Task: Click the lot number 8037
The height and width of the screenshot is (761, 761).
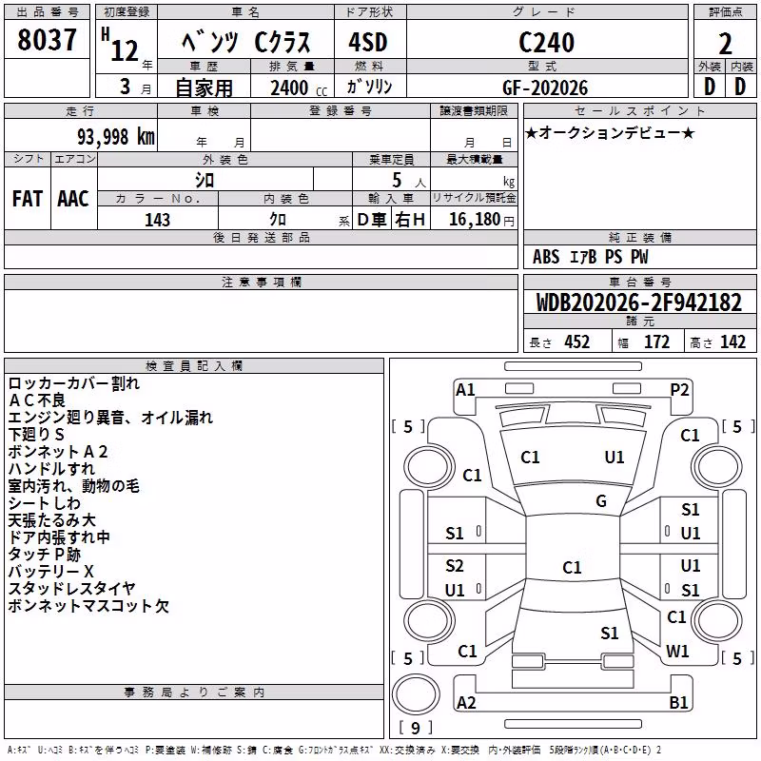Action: point(47,39)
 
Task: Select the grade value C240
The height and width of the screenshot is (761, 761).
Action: point(546,42)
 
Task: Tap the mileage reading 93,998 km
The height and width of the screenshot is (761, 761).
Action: point(116,137)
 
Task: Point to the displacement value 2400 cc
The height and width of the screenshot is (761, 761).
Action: point(299,88)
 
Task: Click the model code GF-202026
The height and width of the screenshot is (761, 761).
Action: point(545,88)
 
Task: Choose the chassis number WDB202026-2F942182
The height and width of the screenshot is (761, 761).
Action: point(639,302)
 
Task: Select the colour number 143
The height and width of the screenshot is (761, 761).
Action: point(157,220)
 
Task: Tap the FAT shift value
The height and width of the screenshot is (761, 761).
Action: point(28,199)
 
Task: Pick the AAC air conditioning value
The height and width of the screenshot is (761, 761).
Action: point(73,199)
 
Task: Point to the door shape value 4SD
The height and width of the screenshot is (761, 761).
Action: point(368,42)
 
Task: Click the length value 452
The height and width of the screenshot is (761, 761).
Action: point(577,341)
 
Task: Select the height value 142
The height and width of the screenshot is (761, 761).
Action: point(732,341)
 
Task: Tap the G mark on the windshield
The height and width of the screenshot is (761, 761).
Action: point(601,501)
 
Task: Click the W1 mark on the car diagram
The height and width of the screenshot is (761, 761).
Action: point(677,651)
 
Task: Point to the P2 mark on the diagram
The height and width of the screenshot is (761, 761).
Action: point(679,390)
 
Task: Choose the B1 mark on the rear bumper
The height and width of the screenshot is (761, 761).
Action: point(678,702)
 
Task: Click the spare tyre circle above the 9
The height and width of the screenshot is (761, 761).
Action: point(416,694)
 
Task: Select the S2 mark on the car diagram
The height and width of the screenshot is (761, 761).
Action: point(455,566)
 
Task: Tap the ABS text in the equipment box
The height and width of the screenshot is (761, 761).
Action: point(546,257)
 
